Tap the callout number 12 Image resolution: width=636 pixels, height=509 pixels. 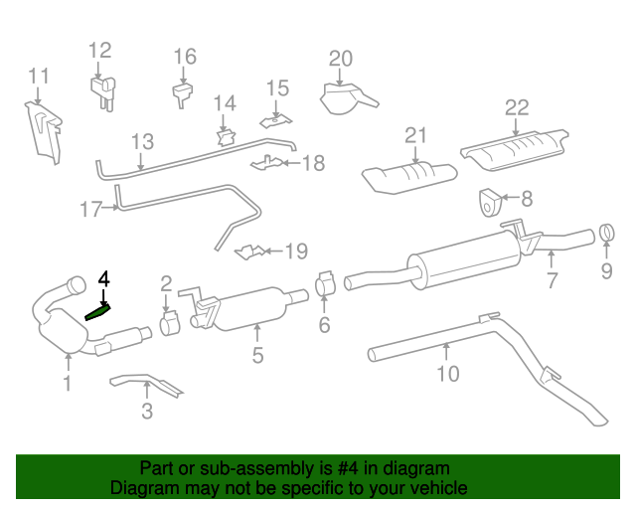pyautogui.click(x=100, y=51)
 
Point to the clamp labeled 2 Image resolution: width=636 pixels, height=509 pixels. pyautogui.click(x=168, y=323)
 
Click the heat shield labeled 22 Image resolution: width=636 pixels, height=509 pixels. pyautogui.click(x=515, y=147)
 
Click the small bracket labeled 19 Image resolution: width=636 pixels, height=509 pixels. pyautogui.click(x=250, y=253)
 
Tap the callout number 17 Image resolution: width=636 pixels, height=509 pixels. pyautogui.click(x=91, y=209)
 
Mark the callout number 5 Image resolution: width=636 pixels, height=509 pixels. pyautogui.click(x=257, y=354)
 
